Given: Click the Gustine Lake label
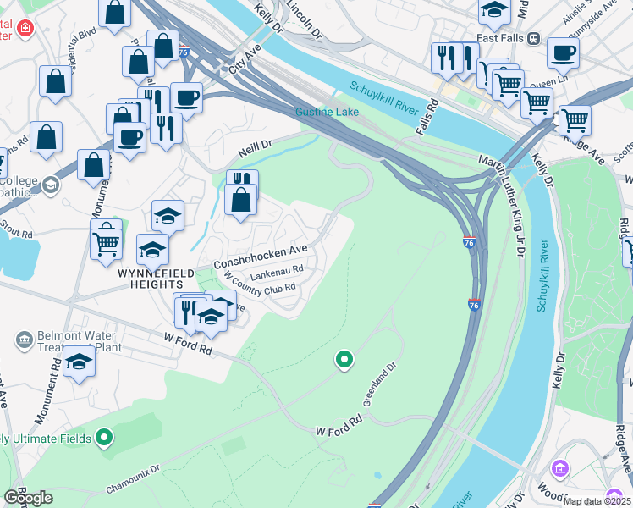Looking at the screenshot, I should [x=327, y=112].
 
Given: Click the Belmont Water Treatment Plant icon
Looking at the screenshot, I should [x=24, y=340].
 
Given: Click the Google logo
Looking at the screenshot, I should [x=27, y=498].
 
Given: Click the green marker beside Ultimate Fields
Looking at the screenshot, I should [x=104, y=438].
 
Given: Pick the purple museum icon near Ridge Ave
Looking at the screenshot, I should [x=559, y=468].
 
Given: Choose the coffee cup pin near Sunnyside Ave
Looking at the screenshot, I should [x=562, y=53].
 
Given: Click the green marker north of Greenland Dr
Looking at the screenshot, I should [x=344, y=361].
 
